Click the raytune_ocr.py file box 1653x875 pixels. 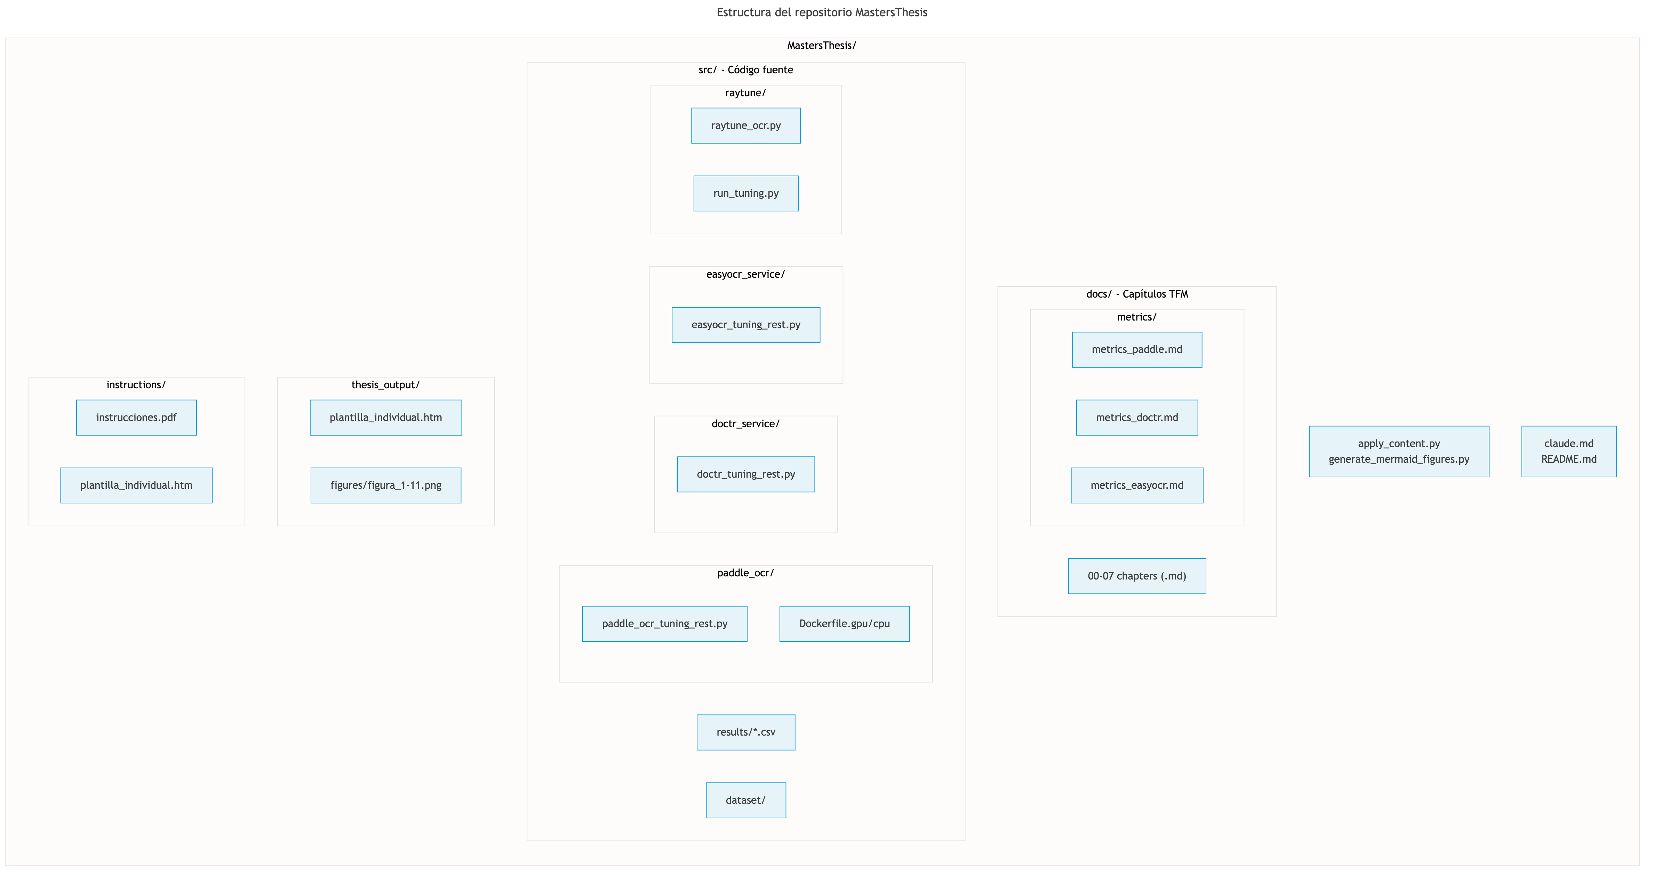pos(746,126)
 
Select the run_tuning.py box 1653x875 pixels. pos(746,193)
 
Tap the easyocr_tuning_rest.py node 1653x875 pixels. pos(746,325)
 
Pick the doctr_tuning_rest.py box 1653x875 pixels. pos(746,474)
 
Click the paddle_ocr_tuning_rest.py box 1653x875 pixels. pos(664,624)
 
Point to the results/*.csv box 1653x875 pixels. pos(746,732)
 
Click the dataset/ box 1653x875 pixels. pos(746,800)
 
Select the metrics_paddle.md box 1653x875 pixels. pos(1136,350)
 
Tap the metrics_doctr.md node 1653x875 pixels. pos(1136,418)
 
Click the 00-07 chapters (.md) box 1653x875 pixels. pos(1136,576)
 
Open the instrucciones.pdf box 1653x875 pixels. pos(136,418)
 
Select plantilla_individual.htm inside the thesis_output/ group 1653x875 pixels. pos(386,418)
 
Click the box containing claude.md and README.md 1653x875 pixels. pos(1568,452)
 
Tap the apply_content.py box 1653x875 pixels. pos(1398,452)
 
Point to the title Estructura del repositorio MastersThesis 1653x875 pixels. pos(821,12)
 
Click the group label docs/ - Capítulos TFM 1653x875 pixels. pos(1136,294)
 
